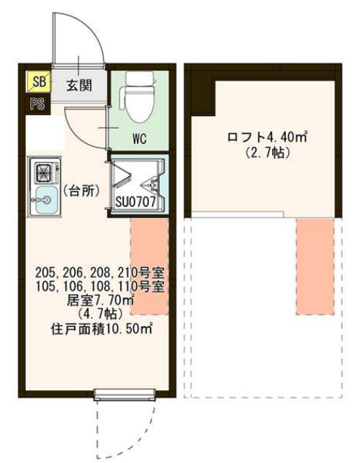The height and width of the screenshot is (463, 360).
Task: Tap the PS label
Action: pos(37,103)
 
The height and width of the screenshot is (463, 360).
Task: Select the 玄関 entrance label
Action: pos(79,86)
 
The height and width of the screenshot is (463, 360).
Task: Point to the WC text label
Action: pos(139,139)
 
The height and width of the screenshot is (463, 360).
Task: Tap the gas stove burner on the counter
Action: pos(43,173)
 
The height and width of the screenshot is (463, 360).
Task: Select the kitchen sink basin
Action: pos(43,199)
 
